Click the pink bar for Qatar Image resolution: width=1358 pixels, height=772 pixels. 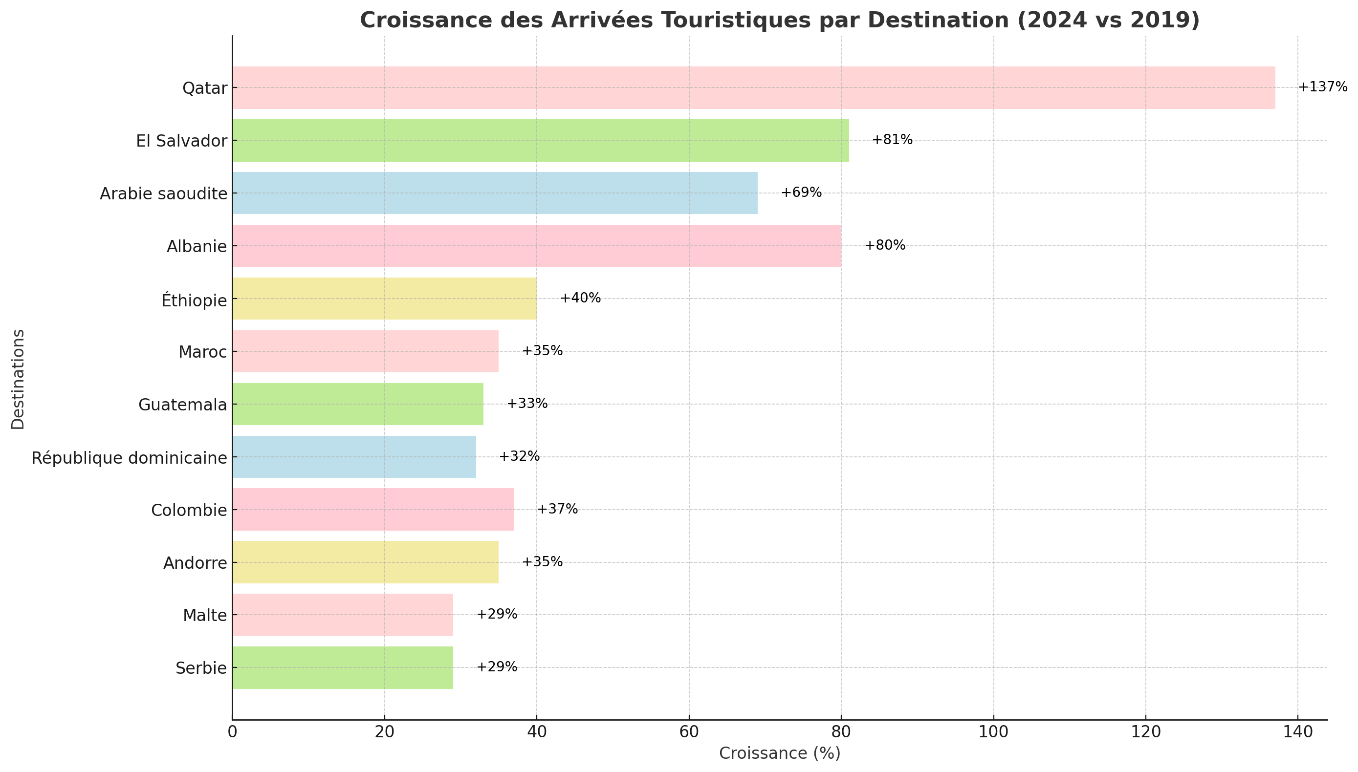[753, 87]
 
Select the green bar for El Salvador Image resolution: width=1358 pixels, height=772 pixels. [540, 141]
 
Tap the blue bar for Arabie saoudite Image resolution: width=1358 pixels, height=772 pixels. [494, 193]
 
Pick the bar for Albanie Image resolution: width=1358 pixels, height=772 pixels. [536, 245]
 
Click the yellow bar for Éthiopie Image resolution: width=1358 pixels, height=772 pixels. [384, 299]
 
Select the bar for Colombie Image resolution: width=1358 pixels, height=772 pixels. [373, 510]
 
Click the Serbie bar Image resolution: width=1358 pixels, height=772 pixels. [342, 667]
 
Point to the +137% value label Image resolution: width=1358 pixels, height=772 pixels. [1322, 87]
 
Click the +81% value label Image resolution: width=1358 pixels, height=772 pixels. [892, 140]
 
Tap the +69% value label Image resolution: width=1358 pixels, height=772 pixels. [801, 193]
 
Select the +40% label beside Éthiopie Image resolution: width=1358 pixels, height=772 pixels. [580, 298]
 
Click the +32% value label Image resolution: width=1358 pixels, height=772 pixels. [519, 456]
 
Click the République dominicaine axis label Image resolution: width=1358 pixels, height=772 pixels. [130, 457]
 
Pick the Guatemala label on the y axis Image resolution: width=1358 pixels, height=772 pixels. [182, 405]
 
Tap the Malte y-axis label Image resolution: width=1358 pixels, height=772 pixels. [205, 616]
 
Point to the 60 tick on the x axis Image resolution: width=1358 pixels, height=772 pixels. [689, 732]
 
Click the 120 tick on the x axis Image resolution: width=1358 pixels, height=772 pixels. [1145, 732]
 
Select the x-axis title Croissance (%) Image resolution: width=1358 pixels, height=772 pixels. [779, 753]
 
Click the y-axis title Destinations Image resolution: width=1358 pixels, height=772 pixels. [18, 379]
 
